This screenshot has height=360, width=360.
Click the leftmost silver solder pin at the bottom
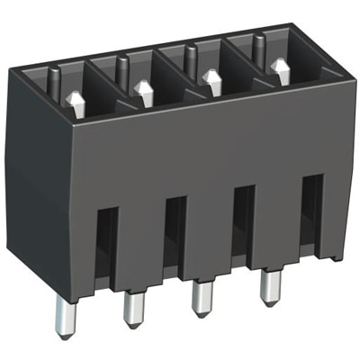[63, 315]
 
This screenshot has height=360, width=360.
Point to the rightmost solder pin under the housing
[267, 288]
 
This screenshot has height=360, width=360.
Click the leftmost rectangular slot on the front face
[106, 242]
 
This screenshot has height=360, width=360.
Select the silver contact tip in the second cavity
[144, 90]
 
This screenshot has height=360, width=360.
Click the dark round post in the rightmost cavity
[258, 45]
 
